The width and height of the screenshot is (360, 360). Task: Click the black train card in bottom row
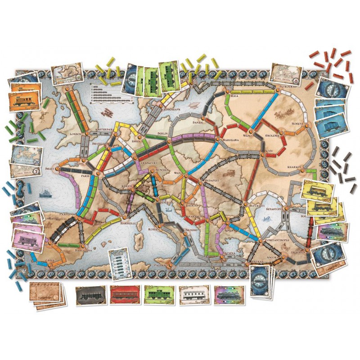pyautogui.click(x=91, y=295)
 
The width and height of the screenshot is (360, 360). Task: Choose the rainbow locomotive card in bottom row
pyautogui.click(x=229, y=295)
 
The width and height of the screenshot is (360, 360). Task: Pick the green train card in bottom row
pyautogui.click(x=159, y=295)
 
